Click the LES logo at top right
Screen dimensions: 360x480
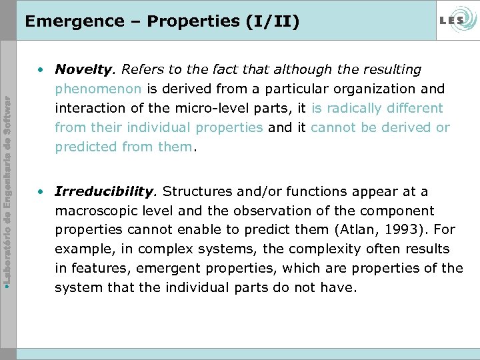pyautogui.click(x=456, y=20)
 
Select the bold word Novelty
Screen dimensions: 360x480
pyautogui.click(x=83, y=69)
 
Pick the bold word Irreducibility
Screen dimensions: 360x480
pyautogui.click(x=105, y=192)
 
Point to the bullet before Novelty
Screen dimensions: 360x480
pyautogui.click(x=42, y=69)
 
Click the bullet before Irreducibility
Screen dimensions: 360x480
pyautogui.click(x=42, y=192)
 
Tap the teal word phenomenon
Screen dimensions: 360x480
pyautogui.click(x=98, y=89)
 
